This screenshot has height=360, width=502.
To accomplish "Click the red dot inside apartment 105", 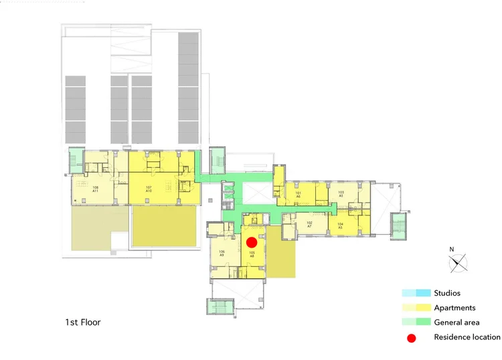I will pyautogui.click(x=252, y=243).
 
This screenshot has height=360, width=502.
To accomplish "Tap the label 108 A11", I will pyautogui.click(x=96, y=189).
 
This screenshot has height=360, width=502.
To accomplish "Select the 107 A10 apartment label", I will pyautogui.click(x=149, y=189).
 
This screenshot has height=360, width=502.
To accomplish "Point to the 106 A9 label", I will pyautogui.click(x=222, y=253).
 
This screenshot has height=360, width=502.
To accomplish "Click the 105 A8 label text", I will pyautogui.click(x=252, y=254).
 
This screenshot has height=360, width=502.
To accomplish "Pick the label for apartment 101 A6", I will pyautogui.click(x=299, y=194).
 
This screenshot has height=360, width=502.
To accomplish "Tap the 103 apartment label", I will pyautogui.click(x=341, y=194).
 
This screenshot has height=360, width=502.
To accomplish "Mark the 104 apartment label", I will pyautogui.click(x=340, y=226).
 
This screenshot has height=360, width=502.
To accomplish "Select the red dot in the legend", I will pyautogui.click(x=412, y=338).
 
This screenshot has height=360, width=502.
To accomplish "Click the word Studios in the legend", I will pyautogui.click(x=447, y=293).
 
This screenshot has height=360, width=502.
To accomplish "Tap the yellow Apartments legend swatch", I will pyautogui.click(x=416, y=308).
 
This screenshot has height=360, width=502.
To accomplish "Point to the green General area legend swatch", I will pyautogui.click(x=416, y=323).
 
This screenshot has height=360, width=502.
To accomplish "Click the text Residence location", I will pyautogui.click(x=467, y=337).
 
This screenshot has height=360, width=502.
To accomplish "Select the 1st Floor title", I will pyautogui.click(x=82, y=323).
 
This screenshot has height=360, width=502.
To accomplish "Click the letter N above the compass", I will pyautogui.click(x=452, y=250).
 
